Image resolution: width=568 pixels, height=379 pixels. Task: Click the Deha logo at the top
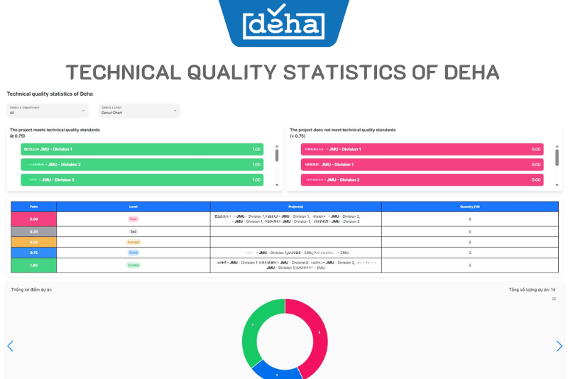283,26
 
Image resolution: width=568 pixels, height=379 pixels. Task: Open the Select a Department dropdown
48,110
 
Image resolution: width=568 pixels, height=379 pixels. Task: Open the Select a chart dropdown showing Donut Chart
139,110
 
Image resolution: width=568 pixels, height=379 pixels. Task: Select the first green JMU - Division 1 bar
142,149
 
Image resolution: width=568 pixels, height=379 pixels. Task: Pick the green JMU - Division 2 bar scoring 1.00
142,165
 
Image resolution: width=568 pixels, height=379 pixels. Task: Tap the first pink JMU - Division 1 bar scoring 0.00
422,149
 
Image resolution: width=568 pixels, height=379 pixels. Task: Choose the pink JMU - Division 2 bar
422,180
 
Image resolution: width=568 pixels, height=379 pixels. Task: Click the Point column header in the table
33,207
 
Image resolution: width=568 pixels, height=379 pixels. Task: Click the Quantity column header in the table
469,207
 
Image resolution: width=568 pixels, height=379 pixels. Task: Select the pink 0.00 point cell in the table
33,219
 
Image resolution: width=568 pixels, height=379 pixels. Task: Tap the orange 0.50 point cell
33,242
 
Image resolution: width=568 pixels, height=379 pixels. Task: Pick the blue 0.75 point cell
33,253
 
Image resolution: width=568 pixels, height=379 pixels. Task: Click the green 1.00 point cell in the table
33,265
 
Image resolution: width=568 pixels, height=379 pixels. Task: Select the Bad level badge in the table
133,231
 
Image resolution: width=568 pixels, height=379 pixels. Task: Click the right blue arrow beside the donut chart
559,346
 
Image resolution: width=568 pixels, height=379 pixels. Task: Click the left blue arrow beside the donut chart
10,346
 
